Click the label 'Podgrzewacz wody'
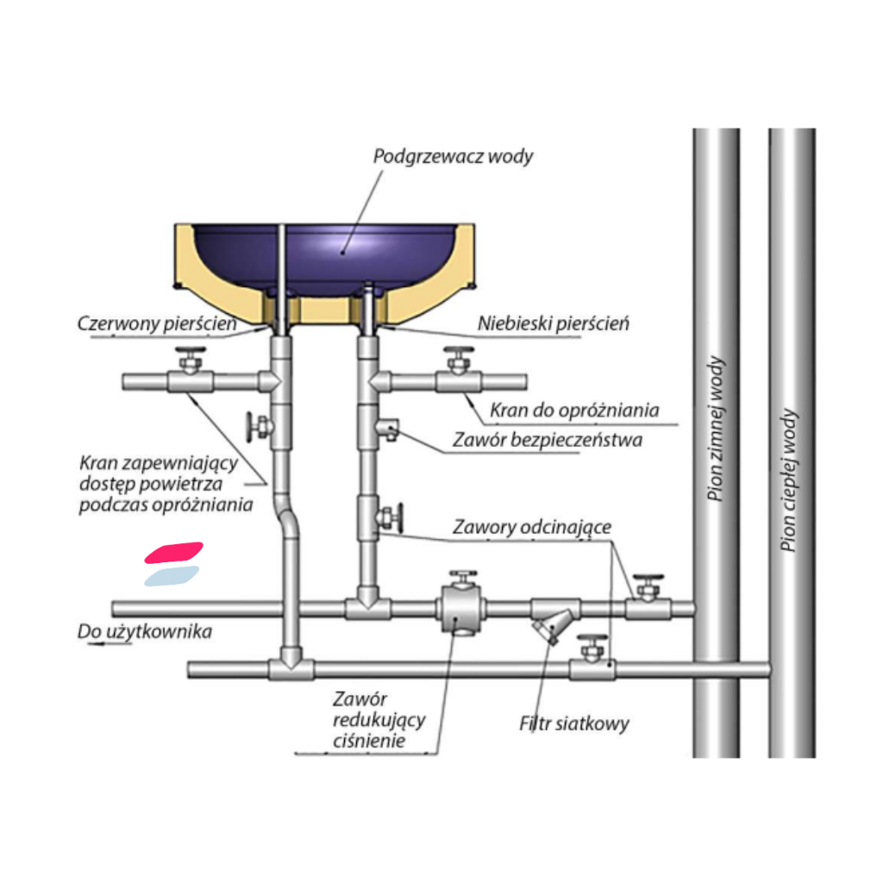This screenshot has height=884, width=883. [453, 157]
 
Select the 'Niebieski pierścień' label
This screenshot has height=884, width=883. [553, 325]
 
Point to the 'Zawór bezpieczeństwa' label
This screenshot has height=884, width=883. [548, 441]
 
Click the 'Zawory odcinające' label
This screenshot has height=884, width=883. [532, 526]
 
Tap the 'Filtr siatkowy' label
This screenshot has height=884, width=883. [573, 723]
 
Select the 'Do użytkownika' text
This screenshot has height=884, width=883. [144, 632]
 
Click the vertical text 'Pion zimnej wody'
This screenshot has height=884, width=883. [717, 429]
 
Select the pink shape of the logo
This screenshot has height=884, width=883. [173, 553]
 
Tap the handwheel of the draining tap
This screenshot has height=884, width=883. [457, 354]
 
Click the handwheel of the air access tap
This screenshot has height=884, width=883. [188, 354]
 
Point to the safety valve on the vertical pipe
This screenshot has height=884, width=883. [388, 428]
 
